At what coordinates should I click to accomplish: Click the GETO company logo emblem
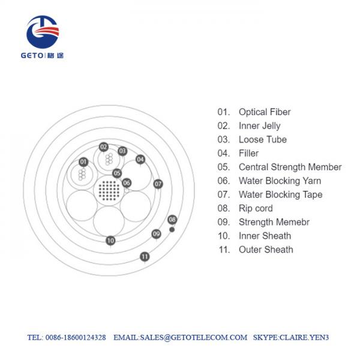[x=43, y=32]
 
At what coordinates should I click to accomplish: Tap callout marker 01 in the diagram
[x=83, y=162]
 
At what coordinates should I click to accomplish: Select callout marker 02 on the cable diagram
[x=104, y=147]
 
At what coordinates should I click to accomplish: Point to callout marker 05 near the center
[x=117, y=173]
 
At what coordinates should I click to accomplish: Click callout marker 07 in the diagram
[x=158, y=184]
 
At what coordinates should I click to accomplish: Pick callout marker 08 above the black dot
[x=172, y=220]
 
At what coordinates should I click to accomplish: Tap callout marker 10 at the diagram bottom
[x=110, y=241]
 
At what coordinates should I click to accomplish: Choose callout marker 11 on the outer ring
[x=145, y=256]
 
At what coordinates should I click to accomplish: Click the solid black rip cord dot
[x=172, y=229]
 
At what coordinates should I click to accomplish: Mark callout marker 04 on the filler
[x=140, y=160]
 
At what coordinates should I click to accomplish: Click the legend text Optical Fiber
[x=265, y=112]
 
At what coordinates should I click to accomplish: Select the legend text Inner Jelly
[x=260, y=126]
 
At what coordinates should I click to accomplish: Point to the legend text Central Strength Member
[x=290, y=167]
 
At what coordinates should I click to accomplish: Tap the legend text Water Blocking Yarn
[x=280, y=181]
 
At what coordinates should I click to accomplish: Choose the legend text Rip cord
[x=256, y=208]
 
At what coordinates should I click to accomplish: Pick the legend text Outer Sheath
[x=266, y=250]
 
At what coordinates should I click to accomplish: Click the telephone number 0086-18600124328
[x=76, y=337]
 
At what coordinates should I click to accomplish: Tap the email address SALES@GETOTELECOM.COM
[x=194, y=337]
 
